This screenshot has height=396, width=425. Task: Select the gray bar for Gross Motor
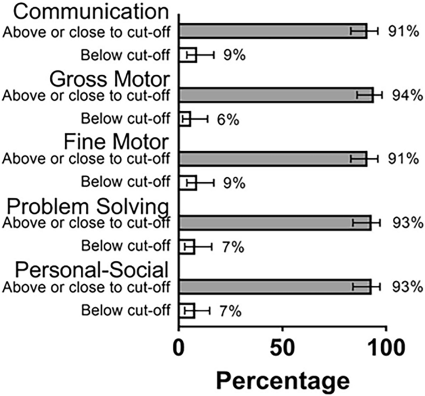[x=276, y=95]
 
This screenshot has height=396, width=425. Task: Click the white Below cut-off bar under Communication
[x=188, y=55]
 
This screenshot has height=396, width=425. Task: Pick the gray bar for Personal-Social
[x=275, y=286]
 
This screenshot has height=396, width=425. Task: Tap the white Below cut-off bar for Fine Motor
[x=188, y=183]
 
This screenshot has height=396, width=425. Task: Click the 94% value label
[x=405, y=95]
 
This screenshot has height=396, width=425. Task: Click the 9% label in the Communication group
[x=230, y=55]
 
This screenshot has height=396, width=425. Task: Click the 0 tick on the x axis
[x=179, y=350]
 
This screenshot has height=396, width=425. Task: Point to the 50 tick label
[x=282, y=350]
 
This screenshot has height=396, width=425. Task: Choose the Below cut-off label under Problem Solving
[x=126, y=246]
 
